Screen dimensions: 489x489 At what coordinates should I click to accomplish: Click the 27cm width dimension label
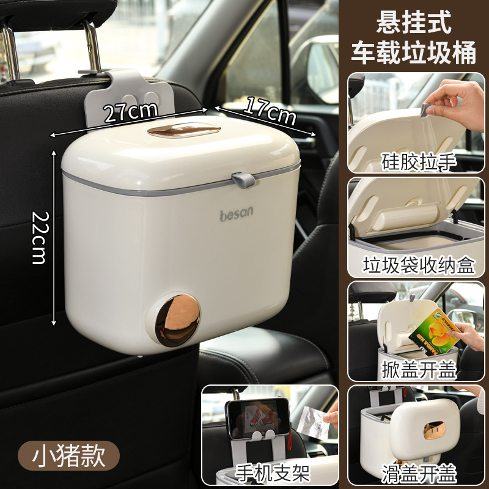[x=130, y=112]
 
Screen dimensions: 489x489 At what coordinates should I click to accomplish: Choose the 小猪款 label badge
[x=68, y=455]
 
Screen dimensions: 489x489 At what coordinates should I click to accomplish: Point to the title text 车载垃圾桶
[x=413, y=53]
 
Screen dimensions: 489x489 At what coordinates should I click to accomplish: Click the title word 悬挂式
[x=413, y=23]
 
